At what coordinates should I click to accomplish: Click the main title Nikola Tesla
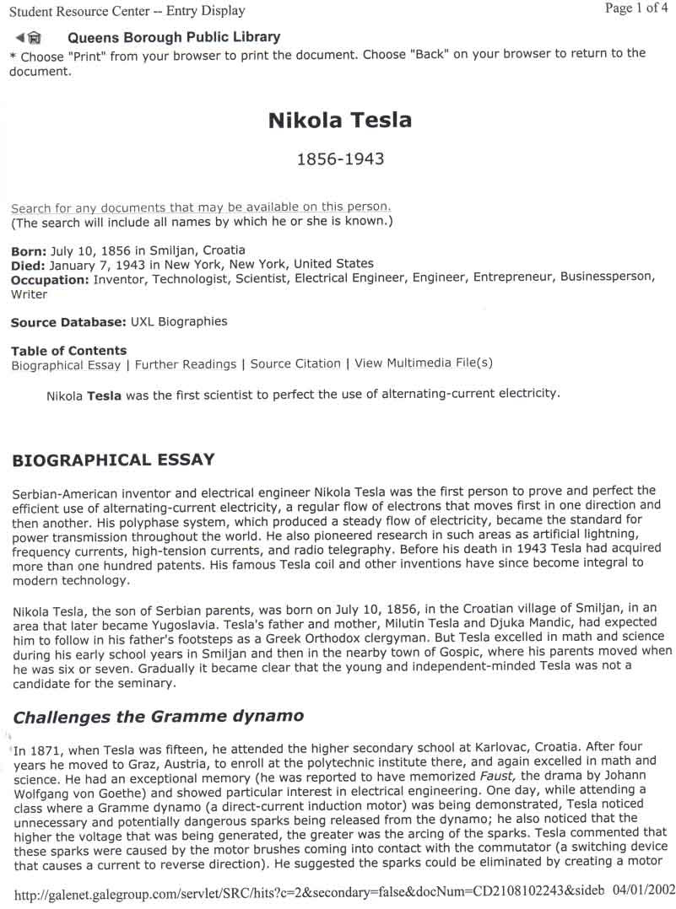tap(339, 121)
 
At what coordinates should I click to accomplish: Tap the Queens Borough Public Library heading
tap(174, 37)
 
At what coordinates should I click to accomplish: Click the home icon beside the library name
tap(35, 38)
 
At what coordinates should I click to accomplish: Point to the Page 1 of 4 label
tap(635, 8)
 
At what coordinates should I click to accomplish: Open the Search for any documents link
tap(201, 207)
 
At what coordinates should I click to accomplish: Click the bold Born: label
tap(29, 250)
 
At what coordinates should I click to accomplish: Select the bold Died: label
tap(28, 264)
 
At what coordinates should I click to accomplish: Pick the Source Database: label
tap(69, 321)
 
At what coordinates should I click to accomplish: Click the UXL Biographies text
tap(179, 321)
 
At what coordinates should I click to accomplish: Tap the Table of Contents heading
tap(69, 350)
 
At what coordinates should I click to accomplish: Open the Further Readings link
tap(186, 364)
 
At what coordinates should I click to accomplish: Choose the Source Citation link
tap(295, 364)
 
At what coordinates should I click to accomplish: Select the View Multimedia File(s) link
tap(424, 363)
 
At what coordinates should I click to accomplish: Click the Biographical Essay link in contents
tap(66, 364)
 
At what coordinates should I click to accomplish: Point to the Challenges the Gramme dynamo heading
tap(158, 717)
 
